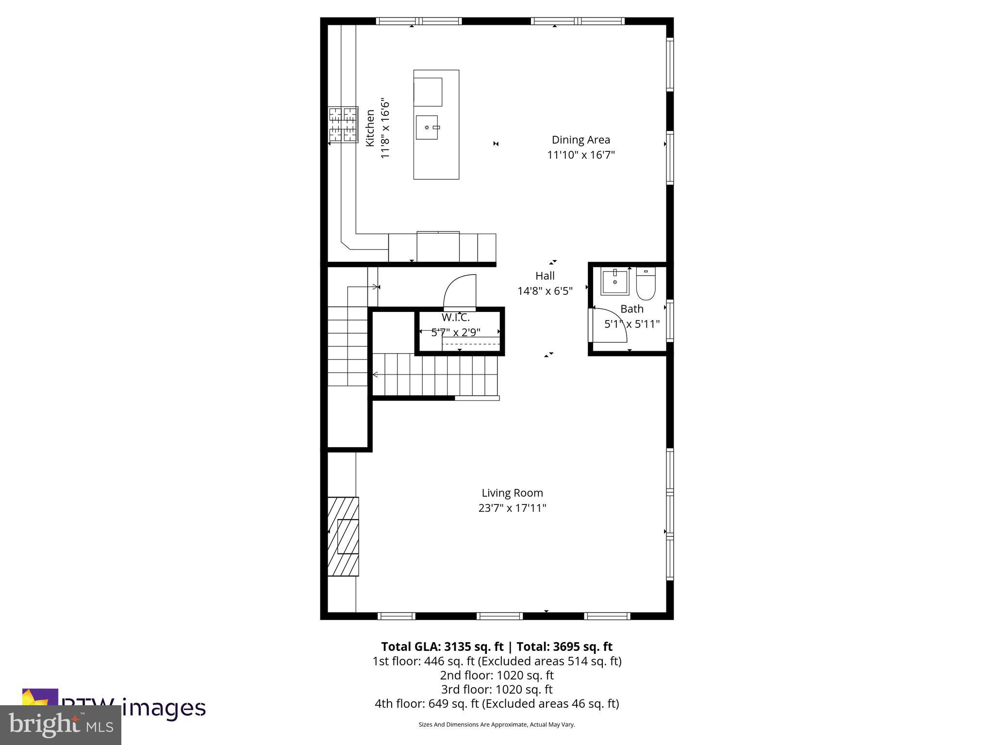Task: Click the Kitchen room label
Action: click(370, 128)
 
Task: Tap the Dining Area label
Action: click(580, 140)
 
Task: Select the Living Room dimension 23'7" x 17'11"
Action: click(512, 508)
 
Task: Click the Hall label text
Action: click(545, 275)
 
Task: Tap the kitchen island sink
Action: click(427, 127)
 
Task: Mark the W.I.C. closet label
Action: click(455, 318)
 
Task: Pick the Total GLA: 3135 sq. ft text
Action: click(442, 647)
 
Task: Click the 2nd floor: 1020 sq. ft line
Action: click(497, 675)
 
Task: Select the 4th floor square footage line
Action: click(497, 703)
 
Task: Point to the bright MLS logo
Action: click(60, 725)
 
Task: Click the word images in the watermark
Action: click(164, 708)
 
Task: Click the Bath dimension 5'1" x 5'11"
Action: click(631, 324)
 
